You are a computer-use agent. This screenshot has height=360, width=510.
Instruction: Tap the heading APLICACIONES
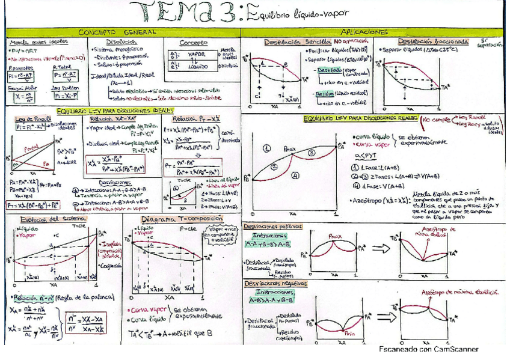(x=364, y=31)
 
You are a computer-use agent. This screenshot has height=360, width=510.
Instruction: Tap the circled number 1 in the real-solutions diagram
(x=267, y=147)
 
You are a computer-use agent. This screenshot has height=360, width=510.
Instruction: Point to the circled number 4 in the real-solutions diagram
(x=296, y=175)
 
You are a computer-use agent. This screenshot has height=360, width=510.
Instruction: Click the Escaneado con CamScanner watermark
(x=428, y=349)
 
